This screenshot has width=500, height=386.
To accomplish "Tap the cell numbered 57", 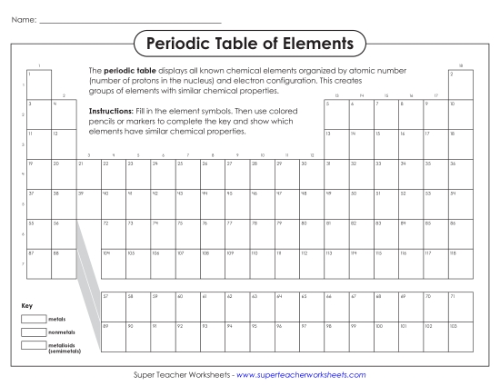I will [113, 306].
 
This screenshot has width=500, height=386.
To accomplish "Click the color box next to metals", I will [33, 320].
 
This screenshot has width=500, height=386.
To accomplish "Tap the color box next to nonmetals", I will [33, 332].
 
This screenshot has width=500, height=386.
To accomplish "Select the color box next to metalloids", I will [33, 345].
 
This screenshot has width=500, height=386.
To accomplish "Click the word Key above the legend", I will [26, 305].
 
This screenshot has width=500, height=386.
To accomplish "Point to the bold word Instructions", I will [110, 111].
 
